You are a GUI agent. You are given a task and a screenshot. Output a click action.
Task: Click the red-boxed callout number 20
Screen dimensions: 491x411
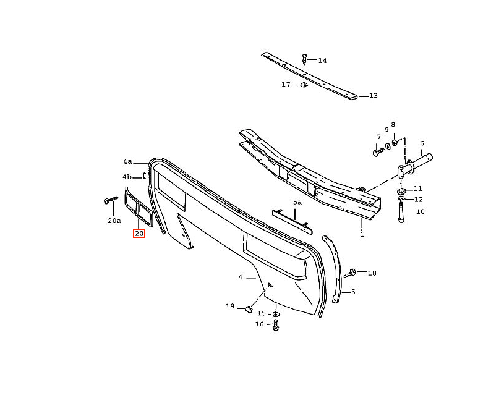click(139, 234)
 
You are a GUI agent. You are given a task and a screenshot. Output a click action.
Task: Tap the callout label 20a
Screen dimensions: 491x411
click(114, 221)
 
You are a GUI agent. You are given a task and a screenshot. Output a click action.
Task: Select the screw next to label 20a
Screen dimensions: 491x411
click(111, 200)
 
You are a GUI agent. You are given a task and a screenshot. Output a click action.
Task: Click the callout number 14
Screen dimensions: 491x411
click(322, 61)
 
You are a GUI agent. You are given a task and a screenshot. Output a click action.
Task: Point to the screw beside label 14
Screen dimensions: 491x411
click(304, 59)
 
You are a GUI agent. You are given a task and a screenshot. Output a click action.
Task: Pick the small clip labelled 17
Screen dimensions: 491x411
click(304, 85)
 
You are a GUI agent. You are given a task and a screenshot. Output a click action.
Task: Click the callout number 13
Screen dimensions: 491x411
click(374, 95)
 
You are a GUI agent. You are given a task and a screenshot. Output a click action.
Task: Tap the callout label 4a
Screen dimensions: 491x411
click(127, 161)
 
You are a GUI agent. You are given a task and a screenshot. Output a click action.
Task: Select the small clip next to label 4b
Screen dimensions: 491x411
click(144, 176)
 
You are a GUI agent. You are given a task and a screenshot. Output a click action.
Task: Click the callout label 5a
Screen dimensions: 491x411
click(297, 202)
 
